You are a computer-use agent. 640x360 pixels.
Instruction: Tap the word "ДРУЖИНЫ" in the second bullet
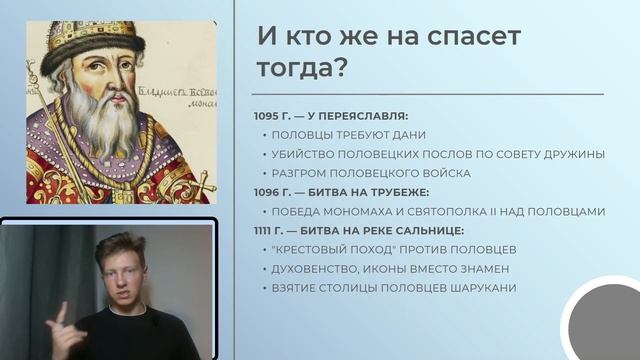click(x=575, y=154)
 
